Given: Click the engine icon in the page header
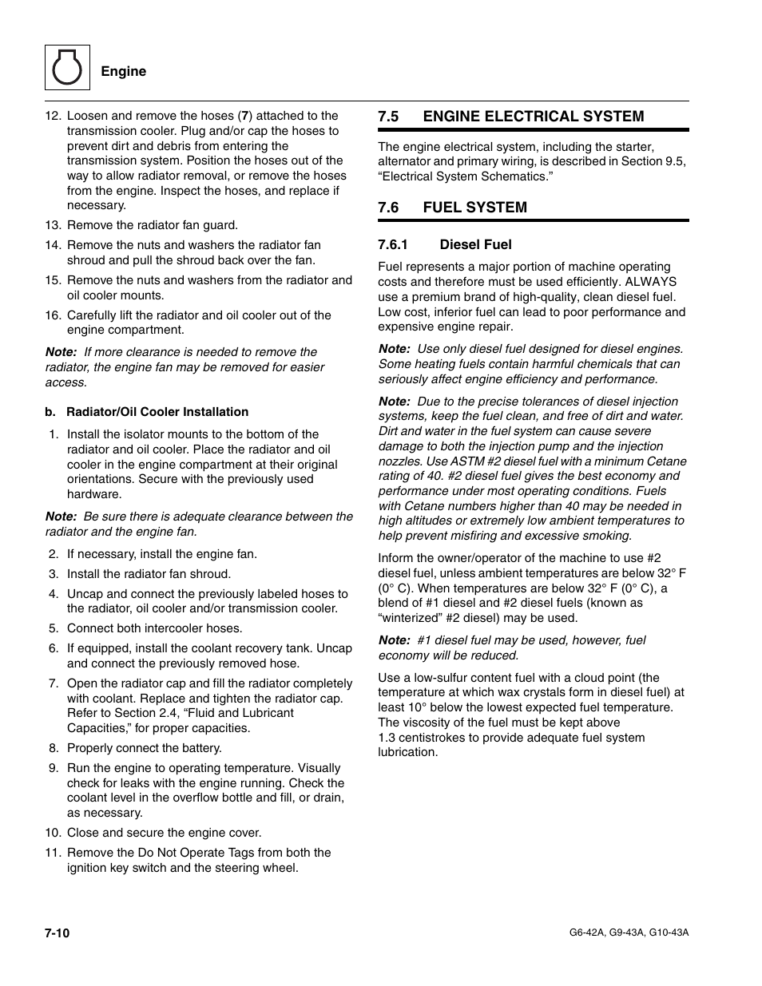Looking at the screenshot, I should tap(67, 68).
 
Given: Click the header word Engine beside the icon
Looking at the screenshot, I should tap(123, 71).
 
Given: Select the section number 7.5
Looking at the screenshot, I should tap(388, 117).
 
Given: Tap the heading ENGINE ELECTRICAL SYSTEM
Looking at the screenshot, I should tap(533, 117).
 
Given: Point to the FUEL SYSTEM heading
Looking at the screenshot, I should tap(474, 208).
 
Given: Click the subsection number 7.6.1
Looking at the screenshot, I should tap(393, 245).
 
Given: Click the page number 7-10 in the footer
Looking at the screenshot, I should tap(58, 933).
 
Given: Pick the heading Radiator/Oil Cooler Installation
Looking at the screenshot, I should tap(157, 412).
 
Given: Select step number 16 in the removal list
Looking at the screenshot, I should tap(53, 315).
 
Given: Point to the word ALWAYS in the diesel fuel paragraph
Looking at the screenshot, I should tap(650, 282).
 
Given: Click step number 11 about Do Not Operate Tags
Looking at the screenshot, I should tap(53, 853).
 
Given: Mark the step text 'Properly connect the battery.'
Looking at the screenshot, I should tap(145, 748).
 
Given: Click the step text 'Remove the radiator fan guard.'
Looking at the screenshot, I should tap(153, 225).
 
